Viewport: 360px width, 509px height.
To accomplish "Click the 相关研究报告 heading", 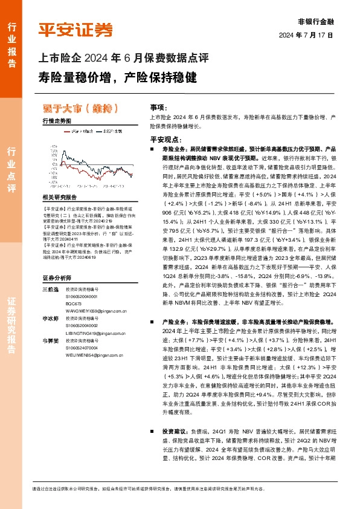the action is [60, 197].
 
